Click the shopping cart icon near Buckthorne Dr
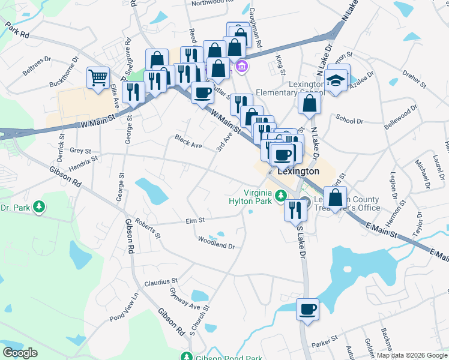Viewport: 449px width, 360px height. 98,77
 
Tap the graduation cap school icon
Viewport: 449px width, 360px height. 337,80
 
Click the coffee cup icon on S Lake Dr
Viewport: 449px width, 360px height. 307,310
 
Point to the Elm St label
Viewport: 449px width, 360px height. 195,221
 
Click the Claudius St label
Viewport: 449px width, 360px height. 161,280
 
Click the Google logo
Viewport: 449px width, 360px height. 20,352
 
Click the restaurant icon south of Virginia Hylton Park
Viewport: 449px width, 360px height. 295,210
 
